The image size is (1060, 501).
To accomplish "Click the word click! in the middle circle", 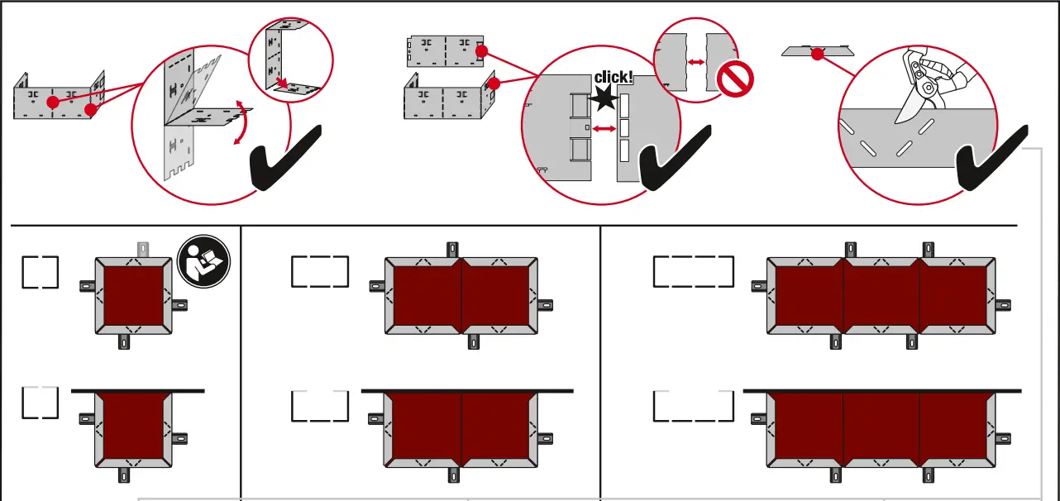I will (x=614, y=78).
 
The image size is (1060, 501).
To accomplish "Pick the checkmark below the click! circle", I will (x=674, y=157).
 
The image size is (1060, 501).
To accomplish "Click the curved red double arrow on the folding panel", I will (x=241, y=121).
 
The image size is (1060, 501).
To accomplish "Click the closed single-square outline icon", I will (x=41, y=272).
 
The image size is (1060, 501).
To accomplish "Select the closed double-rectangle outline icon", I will (x=320, y=272).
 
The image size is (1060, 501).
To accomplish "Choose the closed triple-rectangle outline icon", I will (x=693, y=271).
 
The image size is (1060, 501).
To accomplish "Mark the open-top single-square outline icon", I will (x=41, y=403).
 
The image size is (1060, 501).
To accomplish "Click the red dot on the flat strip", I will (x=818, y=55).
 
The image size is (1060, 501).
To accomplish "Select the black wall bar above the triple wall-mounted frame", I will (x=881, y=390).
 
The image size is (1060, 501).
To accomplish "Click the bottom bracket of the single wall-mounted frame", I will (x=124, y=475).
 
